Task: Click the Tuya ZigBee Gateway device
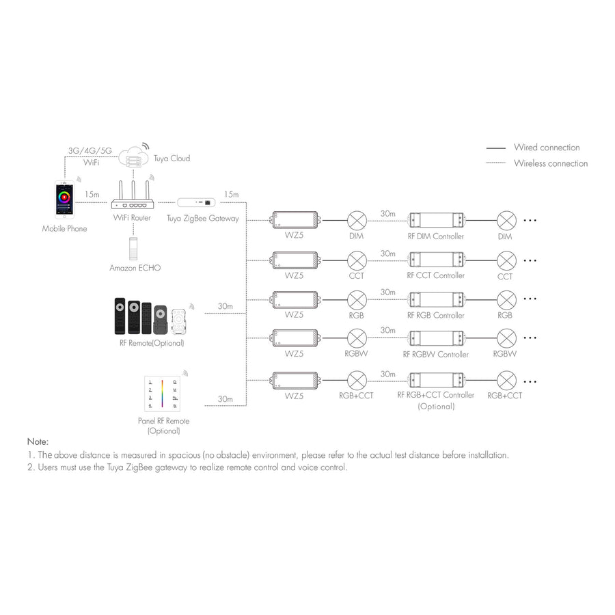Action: tap(197, 202)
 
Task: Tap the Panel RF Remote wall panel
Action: tap(163, 394)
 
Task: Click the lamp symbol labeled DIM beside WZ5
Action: tap(357, 220)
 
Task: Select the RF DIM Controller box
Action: tap(437, 220)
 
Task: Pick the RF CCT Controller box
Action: tap(437, 260)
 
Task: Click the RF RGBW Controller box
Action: tap(437, 338)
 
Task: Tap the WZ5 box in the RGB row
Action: tap(295, 299)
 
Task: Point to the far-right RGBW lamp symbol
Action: tap(506, 338)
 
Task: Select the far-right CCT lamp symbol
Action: tap(506, 260)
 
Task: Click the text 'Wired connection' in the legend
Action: tap(547, 148)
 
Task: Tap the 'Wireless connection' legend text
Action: tap(551, 163)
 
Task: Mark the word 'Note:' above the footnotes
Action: tap(38, 442)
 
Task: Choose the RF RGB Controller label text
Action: tap(435, 316)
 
